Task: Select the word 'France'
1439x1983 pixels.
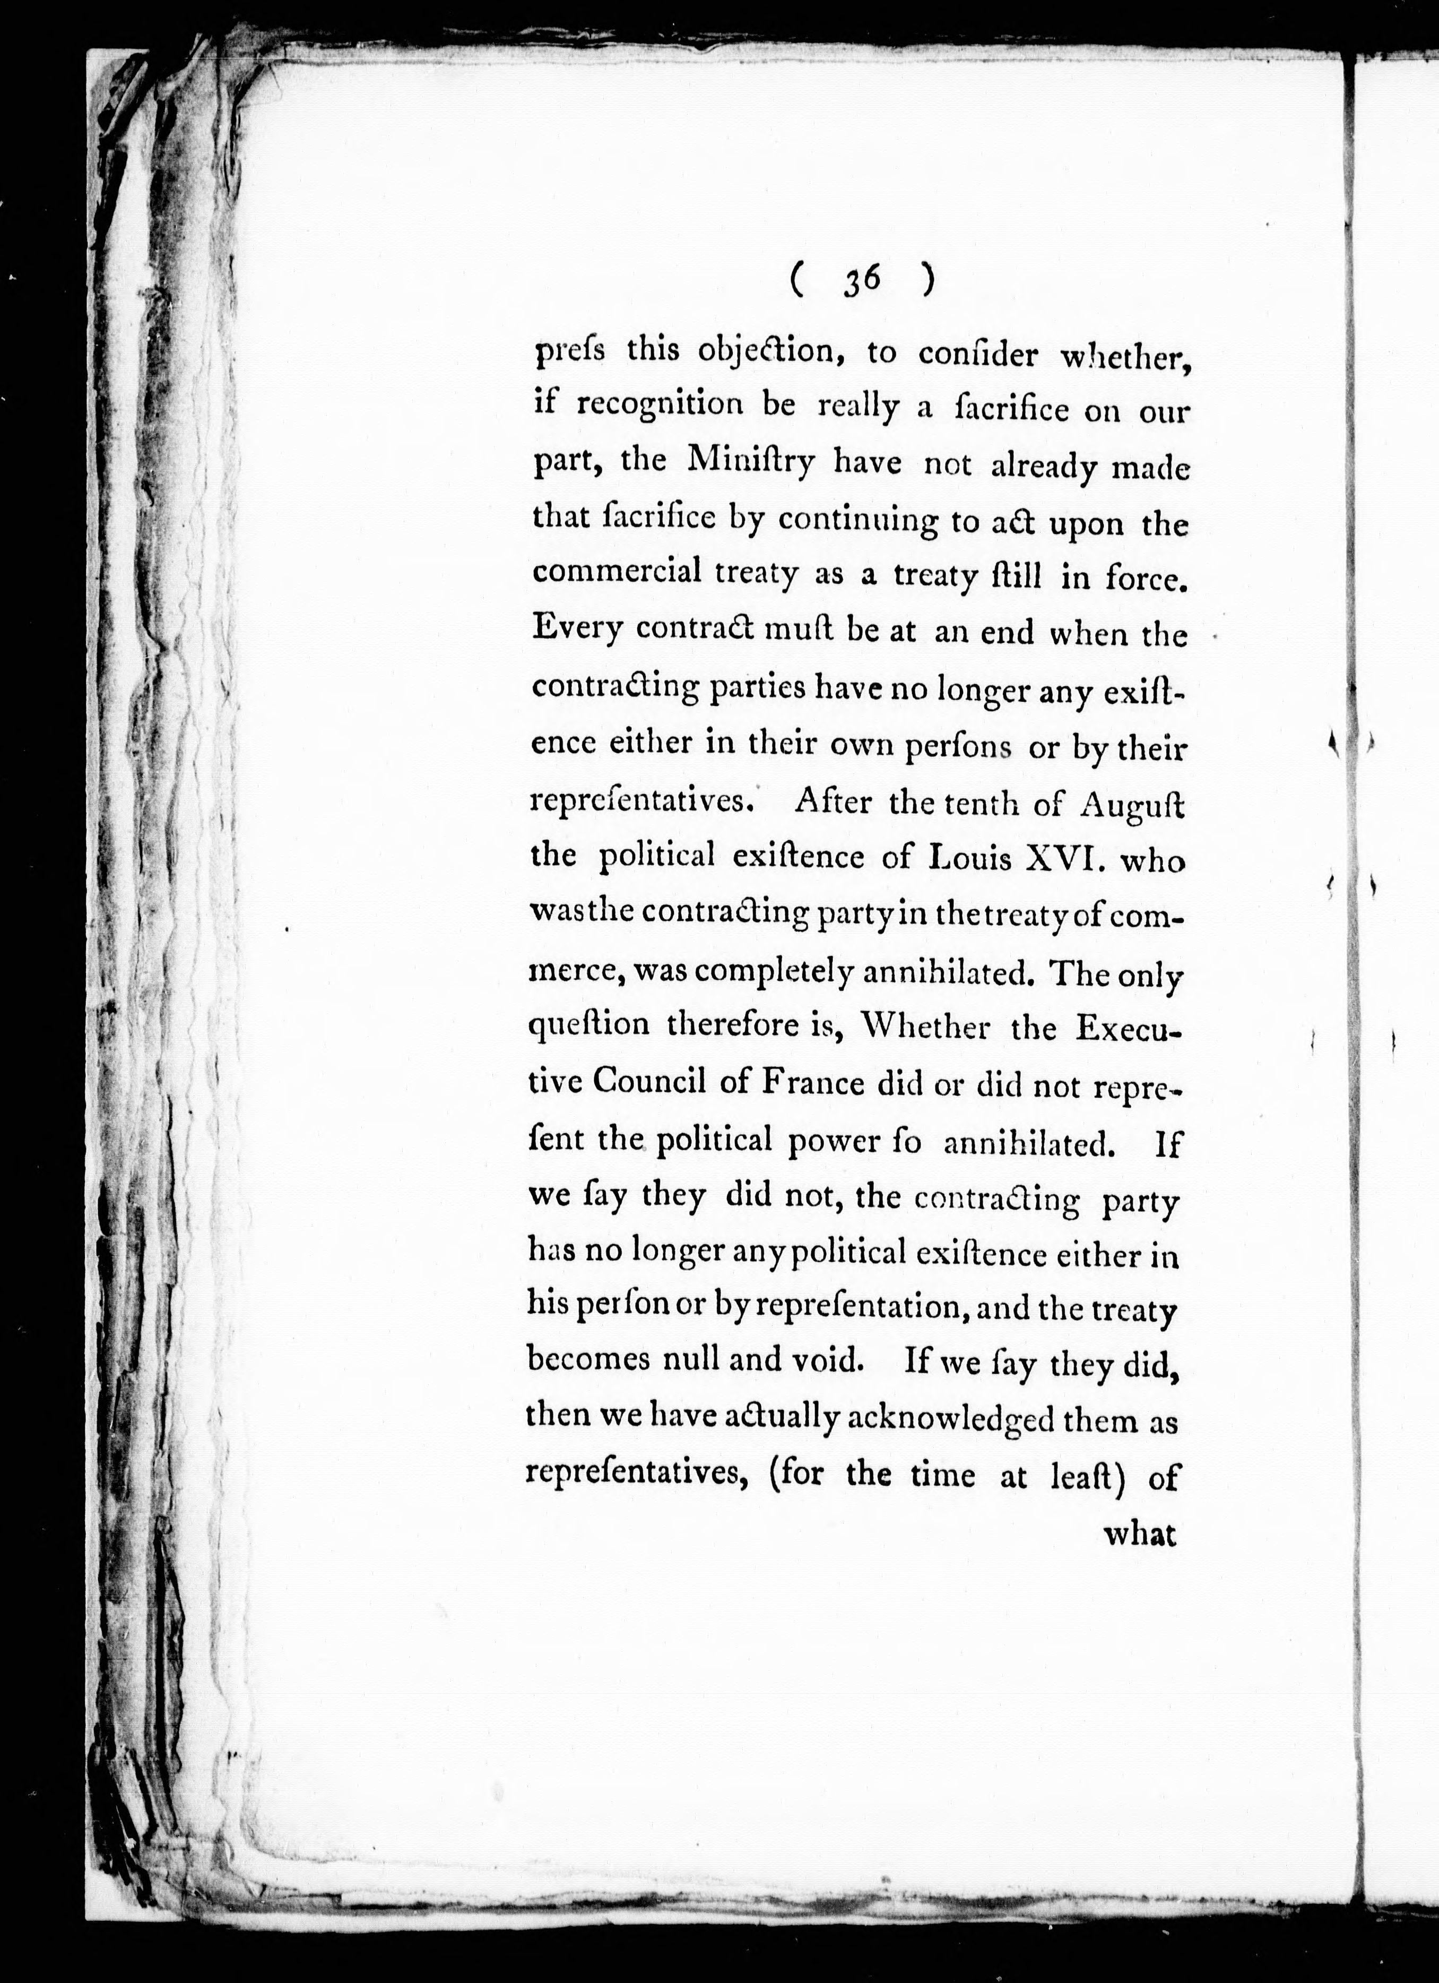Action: (813, 1084)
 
